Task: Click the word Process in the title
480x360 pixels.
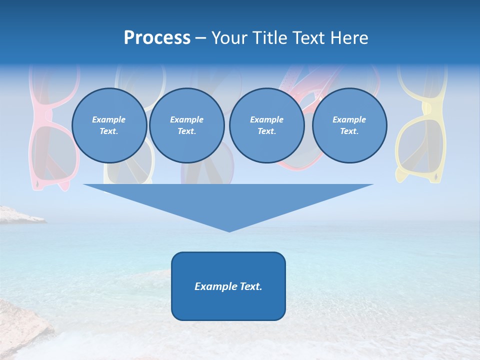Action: (157, 38)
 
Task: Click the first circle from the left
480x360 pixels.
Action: (109, 125)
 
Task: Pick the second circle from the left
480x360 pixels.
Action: (186, 125)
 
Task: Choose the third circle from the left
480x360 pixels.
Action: (266, 125)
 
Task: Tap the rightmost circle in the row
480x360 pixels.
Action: (349, 125)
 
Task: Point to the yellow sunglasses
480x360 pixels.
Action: (421, 125)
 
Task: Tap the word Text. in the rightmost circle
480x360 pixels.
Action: (349, 131)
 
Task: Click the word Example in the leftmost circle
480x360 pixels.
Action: (109, 119)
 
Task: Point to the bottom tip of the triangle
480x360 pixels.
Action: (229, 230)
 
